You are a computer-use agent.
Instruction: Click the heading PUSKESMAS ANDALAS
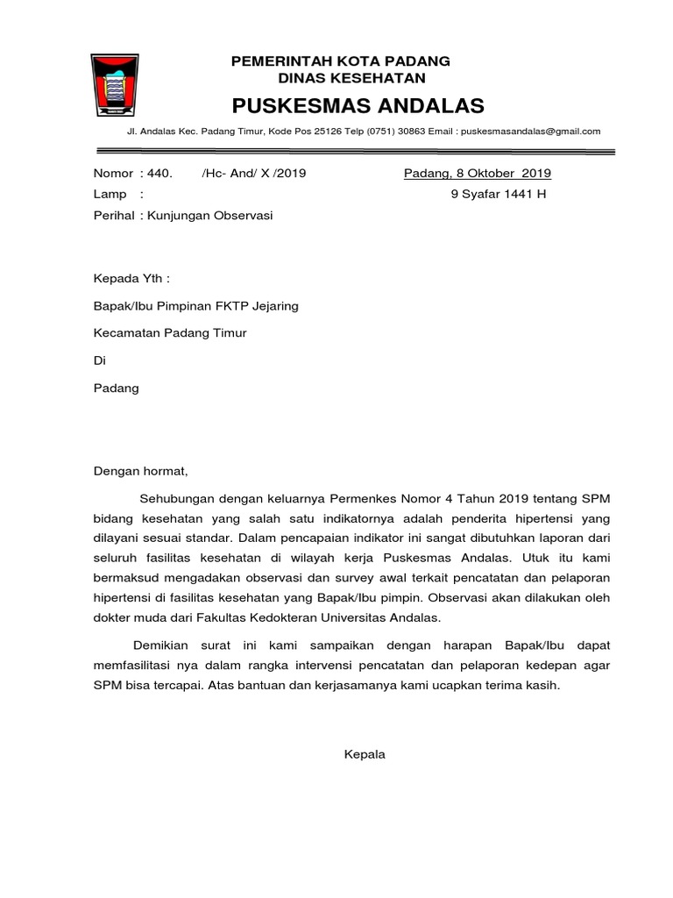(x=358, y=106)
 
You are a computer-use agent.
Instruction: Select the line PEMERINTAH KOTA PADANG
(x=340, y=61)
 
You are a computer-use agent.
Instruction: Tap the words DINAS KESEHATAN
(x=340, y=78)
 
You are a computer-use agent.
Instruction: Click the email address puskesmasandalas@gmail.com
(x=530, y=132)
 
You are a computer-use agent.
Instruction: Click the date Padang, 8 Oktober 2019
(x=477, y=173)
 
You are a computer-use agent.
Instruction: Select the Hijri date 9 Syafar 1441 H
(x=498, y=194)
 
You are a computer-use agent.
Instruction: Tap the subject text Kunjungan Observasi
(x=209, y=215)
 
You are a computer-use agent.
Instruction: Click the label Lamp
(x=109, y=194)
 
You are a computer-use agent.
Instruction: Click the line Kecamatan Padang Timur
(x=170, y=333)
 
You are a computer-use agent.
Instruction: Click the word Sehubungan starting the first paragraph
(x=179, y=498)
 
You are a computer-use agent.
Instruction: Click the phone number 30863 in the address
(x=409, y=132)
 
